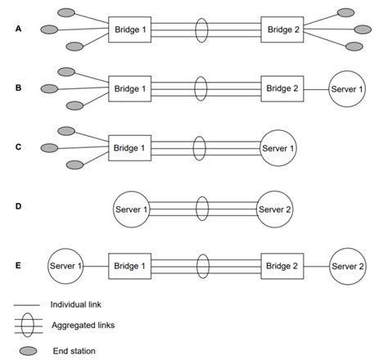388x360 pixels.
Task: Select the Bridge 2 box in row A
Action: (283, 29)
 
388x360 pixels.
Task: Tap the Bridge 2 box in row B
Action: (283, 88)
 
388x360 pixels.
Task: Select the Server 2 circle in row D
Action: (276, 209)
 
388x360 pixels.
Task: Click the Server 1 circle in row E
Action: (67, 266)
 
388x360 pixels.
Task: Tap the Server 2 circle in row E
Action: (350, 266)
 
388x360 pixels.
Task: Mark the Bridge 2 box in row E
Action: (283, 266)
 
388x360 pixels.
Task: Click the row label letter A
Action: (19, 29)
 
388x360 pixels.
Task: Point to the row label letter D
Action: (19, 207)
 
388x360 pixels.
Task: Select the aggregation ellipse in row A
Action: (201, 29)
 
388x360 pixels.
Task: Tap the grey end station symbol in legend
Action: (29, 351)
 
